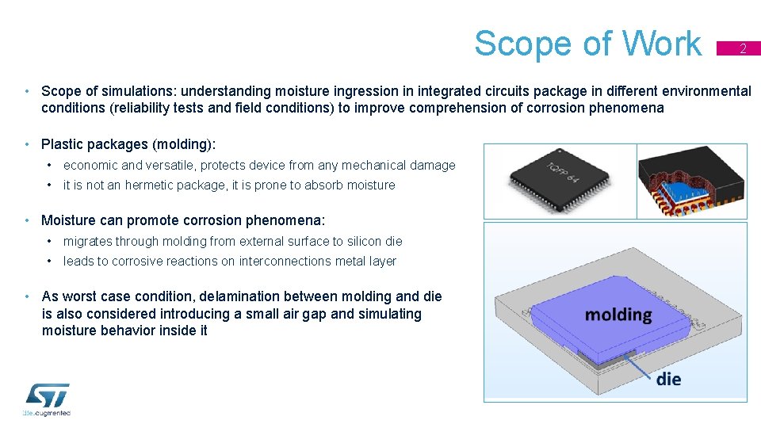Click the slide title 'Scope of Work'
click(x=587, y=44)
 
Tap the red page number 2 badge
click(x=742, y=48)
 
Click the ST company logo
click(x=48, y=396)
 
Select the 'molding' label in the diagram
click(x=618, y=315)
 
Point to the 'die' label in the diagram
click(x=668, y=379)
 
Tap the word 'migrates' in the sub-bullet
click(x=88, y=241)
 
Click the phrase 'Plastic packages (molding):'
click(x=128, y=144)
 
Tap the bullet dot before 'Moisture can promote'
click(x=28, y=220)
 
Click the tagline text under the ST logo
click(x=47, y=413)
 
